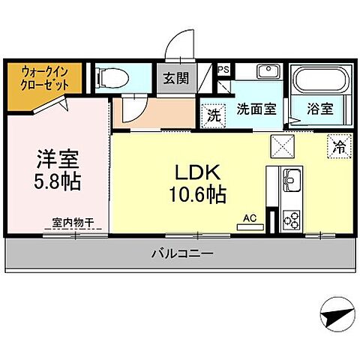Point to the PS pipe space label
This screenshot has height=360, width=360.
coord(222,70)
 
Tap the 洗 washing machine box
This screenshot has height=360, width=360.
coord(213,116)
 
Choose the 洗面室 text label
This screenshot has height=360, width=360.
coord(256,109)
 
